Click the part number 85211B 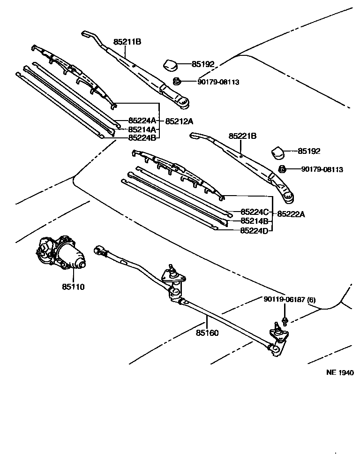(x=127, y=42)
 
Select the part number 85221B (x=242, y=136)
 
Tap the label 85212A (x=179, y=121)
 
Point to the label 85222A (x=291, y=214)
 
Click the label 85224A (x=142, y=121)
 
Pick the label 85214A (x=142, y=129)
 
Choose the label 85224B (x=142, y=137)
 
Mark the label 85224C (x=255, y=212)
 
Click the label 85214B (x=254, y=221)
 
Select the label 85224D (x=254, y=230)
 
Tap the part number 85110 (x=73, y=286)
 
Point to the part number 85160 (x=207, y=333)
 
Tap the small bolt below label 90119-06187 (x=284, y=321)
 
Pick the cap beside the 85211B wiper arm (x=169, y=65)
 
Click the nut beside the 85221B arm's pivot (x=282, y=169)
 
